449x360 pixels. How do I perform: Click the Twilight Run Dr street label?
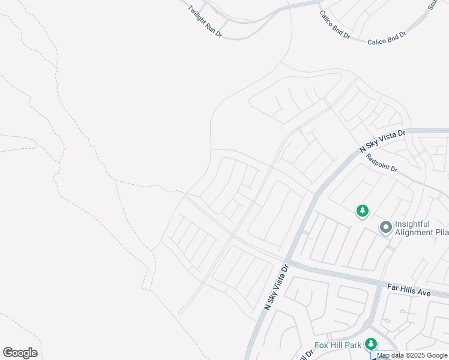[x=205, y=22]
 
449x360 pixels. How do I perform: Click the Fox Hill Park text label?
[x=338, y=345]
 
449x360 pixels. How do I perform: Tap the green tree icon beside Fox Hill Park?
[x=371, y=343]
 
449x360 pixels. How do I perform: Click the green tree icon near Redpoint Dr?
[x=362, y=211]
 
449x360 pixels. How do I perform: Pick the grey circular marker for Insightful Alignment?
[x=385, y=227]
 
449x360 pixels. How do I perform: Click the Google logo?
[x=20, y=353]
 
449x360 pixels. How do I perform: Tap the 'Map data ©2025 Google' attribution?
[x=412, y=356]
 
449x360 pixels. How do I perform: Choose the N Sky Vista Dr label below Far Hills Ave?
[x=277, y=289]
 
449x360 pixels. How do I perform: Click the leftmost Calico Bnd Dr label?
[x=334, y=25]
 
